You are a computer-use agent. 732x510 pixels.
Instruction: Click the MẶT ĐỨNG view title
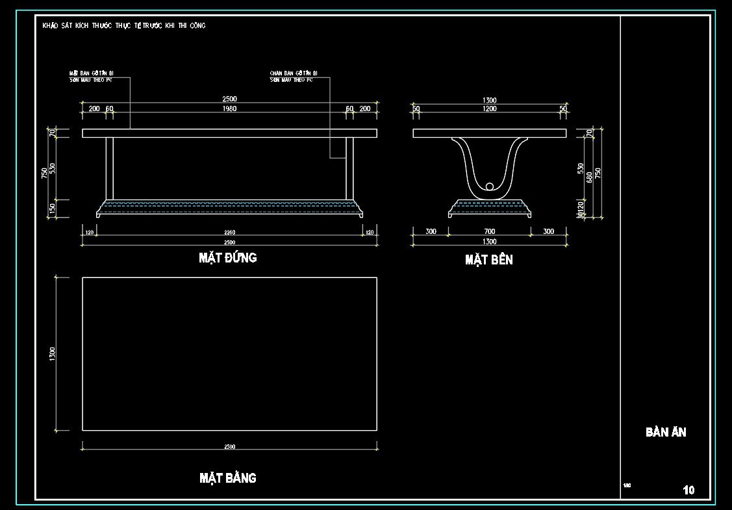[x=227, y=258]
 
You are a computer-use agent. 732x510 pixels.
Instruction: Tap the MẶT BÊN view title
[x=488, y=260]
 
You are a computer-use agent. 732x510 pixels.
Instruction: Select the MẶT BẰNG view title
[x=227, y=478]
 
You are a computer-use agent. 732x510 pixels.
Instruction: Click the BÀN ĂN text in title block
[x=666, y=432]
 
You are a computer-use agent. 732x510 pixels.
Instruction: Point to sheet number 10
[x=688, y=490]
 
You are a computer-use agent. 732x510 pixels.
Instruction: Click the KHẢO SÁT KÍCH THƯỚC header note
[x=124, y=25]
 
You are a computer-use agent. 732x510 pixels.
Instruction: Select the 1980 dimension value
[x=229, y=109]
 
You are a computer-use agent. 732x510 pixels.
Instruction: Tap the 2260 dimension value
[x=229, y=233]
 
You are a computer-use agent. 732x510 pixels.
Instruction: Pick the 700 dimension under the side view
[x=489, y=232]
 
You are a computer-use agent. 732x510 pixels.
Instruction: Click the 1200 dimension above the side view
[x=489, y=109]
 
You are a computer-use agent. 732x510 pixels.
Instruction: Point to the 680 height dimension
[x=590, y=177]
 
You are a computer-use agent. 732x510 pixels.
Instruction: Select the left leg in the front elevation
[x=109, y=168]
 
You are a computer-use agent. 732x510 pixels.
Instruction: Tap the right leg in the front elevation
[x=349, y=168]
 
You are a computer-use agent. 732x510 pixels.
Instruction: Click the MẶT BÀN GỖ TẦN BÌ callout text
[x=92, y=76]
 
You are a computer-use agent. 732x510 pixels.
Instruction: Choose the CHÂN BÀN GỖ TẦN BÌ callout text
[x=293, y=76]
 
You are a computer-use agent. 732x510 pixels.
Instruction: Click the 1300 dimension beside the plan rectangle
[x=53, y=354]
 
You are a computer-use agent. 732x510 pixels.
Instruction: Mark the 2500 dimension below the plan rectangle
[x=229, y=447]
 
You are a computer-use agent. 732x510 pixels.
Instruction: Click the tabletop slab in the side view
[x=489, y=133]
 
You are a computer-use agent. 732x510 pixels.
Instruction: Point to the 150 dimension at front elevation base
[x=53, y=209]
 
